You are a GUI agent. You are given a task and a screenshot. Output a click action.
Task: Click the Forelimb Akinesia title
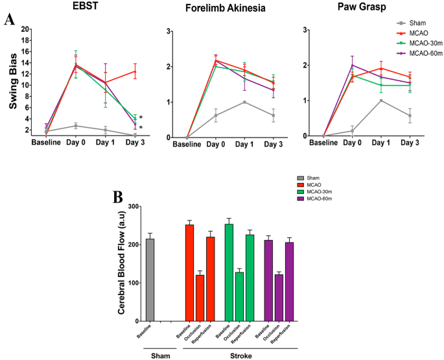pyautogui.click(x=224, y=8)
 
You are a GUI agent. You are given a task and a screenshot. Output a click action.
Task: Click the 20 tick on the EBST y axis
pyautogui.click(x=26, y=29)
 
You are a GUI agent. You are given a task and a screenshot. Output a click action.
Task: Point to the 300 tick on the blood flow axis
pyautogui.click(x=134, y=207)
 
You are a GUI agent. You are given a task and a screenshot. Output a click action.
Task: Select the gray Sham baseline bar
pyautogui.click(x=150, y=280)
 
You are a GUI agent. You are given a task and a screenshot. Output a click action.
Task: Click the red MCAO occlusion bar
pyautogui.click(x=200, y=298)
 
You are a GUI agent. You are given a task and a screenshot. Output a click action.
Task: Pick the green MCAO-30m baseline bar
pyautogui.click(x=229, y=272)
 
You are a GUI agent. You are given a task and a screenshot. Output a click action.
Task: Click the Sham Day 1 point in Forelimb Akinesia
pyautogui.click(x=244, y=102)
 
